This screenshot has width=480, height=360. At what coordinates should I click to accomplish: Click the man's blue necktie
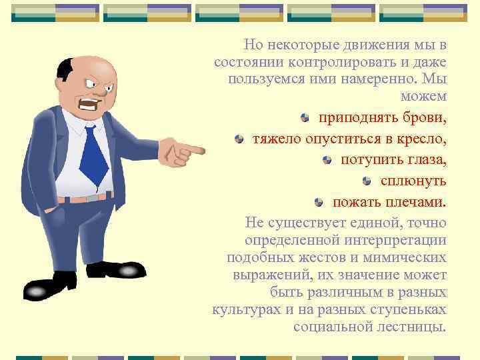tap(94, 155)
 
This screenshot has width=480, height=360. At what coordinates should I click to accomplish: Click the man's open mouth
tap(89, 104)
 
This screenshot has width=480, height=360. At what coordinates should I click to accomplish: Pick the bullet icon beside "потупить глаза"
tap(327, 160)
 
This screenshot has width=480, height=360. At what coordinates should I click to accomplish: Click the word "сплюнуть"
tap(413, 181)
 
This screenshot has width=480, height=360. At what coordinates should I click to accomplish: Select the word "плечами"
tap(417, 202)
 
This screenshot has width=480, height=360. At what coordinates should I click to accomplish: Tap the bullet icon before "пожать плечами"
tap(319, 202)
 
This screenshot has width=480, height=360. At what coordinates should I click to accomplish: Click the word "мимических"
tap(407, 257)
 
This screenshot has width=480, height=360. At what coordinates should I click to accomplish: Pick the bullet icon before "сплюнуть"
tap(367, 181)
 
